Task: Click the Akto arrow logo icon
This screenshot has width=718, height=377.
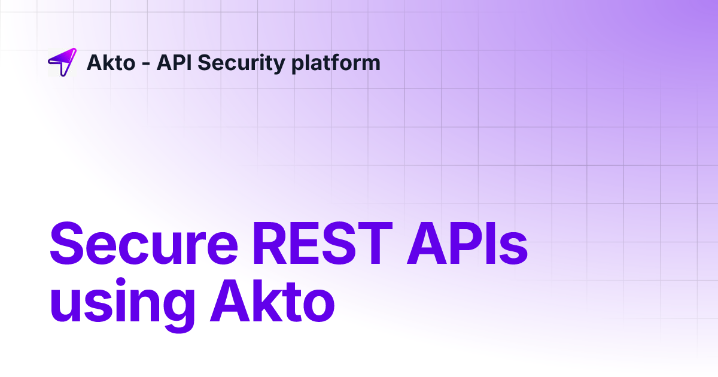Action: [x=62, y=62]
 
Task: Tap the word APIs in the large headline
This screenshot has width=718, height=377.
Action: [x=467, y=245]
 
